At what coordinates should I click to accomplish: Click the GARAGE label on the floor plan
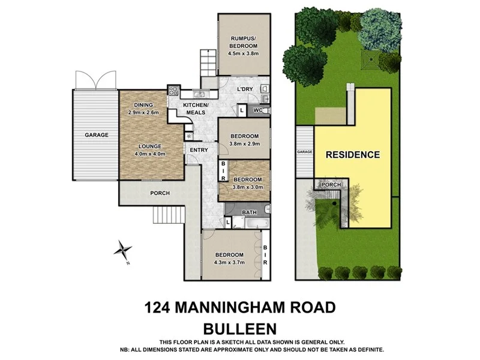click(96, 135)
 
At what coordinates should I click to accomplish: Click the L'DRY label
click(244, 89)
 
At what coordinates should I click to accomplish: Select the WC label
click(257, 110)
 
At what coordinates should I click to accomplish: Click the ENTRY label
click(198, 150)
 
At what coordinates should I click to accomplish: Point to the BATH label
click(249, 212)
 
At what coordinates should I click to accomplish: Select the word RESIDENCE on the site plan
click(353, 155)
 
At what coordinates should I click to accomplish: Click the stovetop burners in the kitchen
click(173, 92)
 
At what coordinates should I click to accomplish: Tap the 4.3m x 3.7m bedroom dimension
click(230, 262)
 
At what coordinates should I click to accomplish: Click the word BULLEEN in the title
click(239, 329)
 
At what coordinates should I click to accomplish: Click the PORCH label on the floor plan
click(160, 193)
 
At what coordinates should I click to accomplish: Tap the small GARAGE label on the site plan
click(305, 152)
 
